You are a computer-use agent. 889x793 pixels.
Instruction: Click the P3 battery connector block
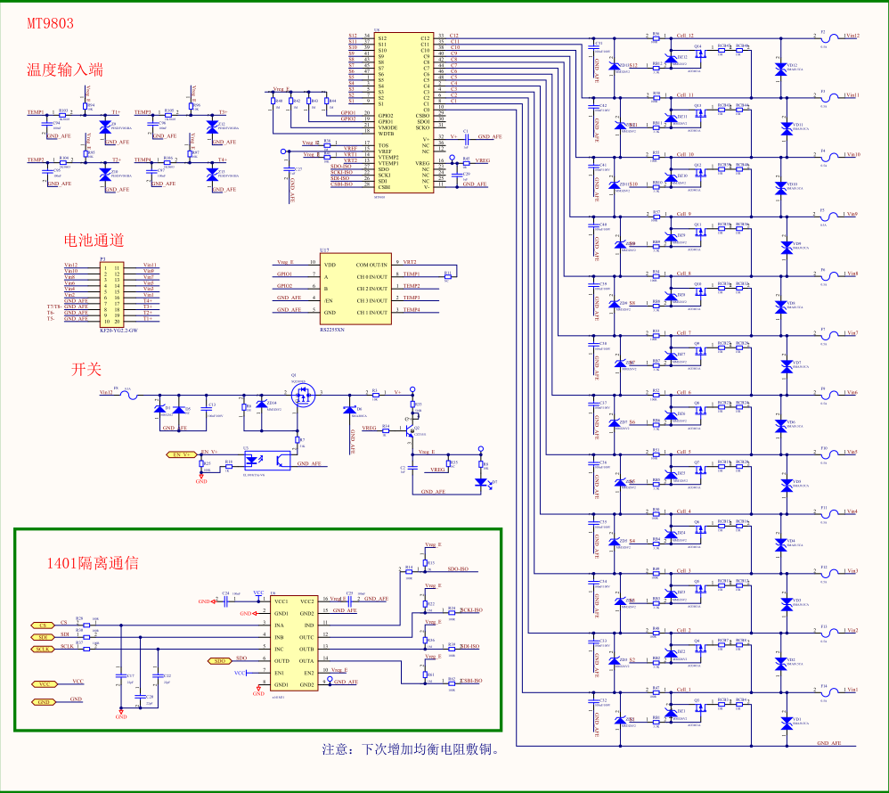(117, 293)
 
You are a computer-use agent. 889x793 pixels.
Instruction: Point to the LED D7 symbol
(483, 482)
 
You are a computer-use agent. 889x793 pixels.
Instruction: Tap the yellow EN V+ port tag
(182, 454)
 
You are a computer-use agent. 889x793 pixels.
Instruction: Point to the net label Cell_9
(684, 214)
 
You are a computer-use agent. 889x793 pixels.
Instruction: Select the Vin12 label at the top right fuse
(851, 36)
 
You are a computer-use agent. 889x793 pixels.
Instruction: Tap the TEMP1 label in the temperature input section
(36, 112)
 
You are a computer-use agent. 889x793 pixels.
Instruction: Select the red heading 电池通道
(93, 240)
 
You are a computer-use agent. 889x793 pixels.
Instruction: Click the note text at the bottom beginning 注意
(410, 749)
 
